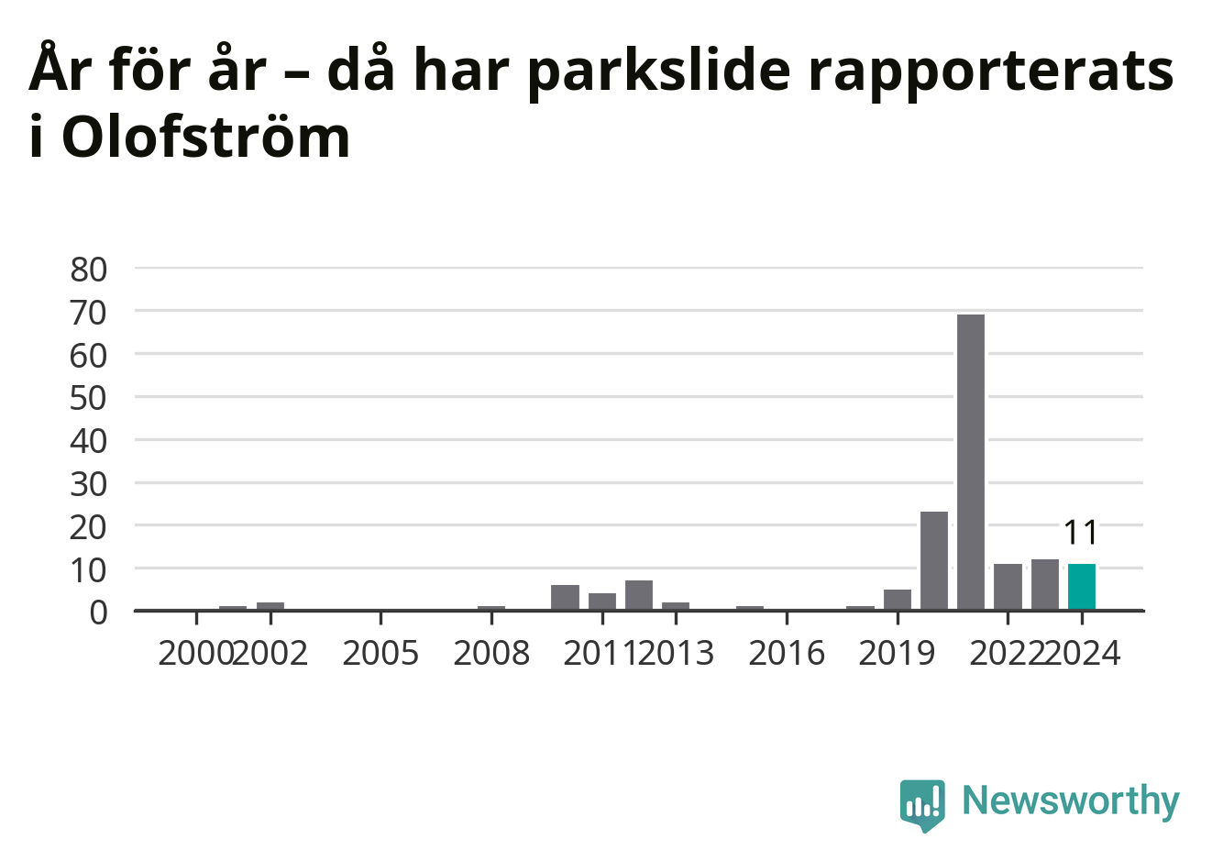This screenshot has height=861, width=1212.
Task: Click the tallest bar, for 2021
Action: coord(971,462)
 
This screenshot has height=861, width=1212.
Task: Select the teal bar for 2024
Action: coord(1082,587)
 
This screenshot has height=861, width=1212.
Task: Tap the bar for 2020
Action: coord(934,560)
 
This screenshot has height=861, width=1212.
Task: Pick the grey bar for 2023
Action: coord(1045,584)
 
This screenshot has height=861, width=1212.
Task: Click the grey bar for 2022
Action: coord(1008,587)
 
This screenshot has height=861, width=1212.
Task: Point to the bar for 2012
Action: coord(639,595)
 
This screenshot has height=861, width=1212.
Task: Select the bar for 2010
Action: coord(565,598)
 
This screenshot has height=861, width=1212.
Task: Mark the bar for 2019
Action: coord(898,600)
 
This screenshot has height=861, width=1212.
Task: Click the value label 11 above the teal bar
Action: coord(1081,533)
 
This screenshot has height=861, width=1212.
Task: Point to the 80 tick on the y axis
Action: coord(89,270)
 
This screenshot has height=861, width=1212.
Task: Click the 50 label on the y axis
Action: coord(89,399)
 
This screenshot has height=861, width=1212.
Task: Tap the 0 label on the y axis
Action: coord(98,613)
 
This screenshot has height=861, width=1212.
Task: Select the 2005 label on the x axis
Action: coord(380,653)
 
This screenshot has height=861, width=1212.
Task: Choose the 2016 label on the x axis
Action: coord(787,653)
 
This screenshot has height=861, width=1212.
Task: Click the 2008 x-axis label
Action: coord(491,653)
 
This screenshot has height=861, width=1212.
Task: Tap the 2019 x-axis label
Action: coord(897,653)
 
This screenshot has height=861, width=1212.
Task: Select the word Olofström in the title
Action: coord(206,138)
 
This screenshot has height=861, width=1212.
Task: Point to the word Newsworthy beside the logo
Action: coord(1071,800)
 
